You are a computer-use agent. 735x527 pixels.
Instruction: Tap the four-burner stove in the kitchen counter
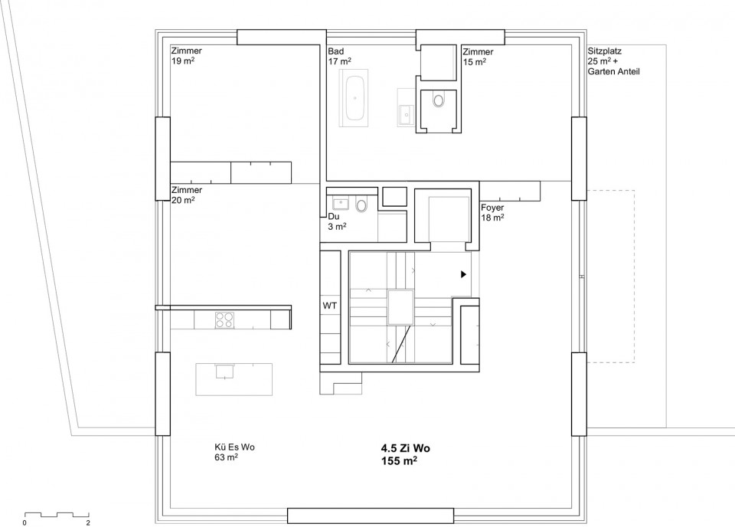(x=224, y=319)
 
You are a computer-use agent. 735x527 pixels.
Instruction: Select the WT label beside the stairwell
(x=329, y=306)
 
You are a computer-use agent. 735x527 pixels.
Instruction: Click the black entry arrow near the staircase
(x=464, y=274)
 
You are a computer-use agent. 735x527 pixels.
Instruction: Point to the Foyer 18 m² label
(x=492, y=212)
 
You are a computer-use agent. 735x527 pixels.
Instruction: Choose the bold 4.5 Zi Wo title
(x=406, y=448)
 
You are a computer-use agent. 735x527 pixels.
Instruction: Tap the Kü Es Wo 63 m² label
(x=234, y=452)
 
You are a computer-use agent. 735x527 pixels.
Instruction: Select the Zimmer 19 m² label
(x=187, y=55)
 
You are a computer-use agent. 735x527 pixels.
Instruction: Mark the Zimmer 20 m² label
(x=187, y=195)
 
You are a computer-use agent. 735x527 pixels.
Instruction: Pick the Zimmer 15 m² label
(x=478, y=57)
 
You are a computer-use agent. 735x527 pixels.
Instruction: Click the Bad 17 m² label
(x=340, y=56)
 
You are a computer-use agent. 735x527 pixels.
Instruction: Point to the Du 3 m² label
(x=337, y=222)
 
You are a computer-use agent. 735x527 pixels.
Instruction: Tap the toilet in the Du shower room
(x=361, y=205)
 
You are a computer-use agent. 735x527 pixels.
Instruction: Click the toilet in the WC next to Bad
(x=439, y=100)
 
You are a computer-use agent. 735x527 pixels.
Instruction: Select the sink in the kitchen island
(x=224, y=371)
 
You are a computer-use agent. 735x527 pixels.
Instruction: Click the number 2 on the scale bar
(x=88, y=522)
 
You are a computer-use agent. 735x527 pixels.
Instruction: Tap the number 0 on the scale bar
(x=24, y=522)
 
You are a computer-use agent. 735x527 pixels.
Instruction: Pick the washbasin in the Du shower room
(x=340, y=204)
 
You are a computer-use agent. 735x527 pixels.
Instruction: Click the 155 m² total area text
(x=400, y=461)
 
